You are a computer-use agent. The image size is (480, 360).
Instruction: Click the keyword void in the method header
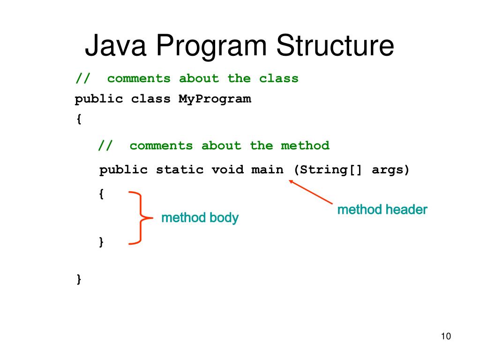227,170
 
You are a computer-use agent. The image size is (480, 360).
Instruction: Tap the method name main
267,170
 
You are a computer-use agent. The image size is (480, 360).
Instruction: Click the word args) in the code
390,170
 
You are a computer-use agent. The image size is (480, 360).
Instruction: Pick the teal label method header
382,210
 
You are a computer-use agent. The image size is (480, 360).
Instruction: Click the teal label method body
200,218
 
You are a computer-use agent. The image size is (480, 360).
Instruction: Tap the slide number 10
445,337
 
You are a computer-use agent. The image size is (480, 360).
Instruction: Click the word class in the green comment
279,78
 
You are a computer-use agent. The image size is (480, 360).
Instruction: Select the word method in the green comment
305,146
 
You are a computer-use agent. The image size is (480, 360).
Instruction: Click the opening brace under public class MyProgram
78,120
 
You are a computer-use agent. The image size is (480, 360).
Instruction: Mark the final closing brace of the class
78,279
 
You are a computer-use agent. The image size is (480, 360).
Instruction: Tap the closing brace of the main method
101,241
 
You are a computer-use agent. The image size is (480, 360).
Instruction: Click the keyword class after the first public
151,99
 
